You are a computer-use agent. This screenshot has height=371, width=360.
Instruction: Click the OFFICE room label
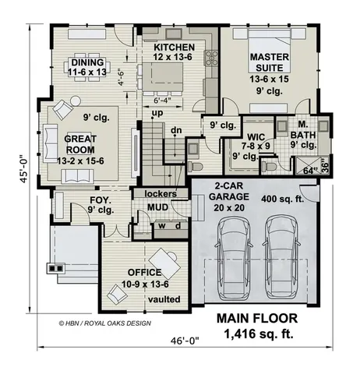145,272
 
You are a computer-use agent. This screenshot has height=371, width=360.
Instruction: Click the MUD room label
158,209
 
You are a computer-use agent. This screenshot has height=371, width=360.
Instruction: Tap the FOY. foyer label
79,200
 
